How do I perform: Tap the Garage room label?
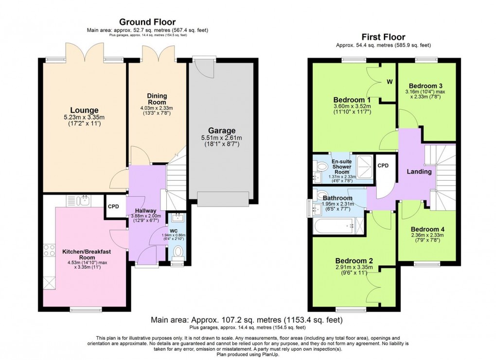tap(222, 130)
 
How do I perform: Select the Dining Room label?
tap(157, 99)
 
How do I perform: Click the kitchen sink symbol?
tap(79, 200)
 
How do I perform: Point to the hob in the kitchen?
tap(49, 250)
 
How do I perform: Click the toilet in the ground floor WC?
tap(178, 252)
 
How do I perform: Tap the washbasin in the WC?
tap(177, 217)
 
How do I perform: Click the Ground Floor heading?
tap(147, 22)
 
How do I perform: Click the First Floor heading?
tap(384, 37)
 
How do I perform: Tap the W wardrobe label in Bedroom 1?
tap(389, 81)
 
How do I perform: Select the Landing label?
tap(419, 171)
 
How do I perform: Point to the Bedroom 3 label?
tap(425, 86)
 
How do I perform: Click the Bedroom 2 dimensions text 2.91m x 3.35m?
tap(354, 267)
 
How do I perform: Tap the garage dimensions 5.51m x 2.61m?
tap(222, 138)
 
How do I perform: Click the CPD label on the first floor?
tap(384, 166)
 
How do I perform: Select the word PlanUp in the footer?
tap(270, 355)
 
